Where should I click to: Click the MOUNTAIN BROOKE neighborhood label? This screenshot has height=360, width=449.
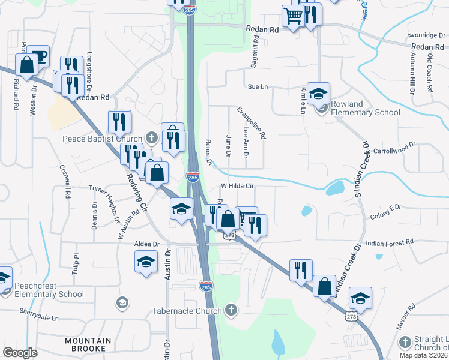click(x=88, y=345)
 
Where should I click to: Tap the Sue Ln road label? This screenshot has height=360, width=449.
click(x=257, y=87)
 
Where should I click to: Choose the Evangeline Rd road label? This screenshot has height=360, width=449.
click(x=251, y=124)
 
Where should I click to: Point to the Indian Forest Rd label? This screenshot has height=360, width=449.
click(x=390, y=242)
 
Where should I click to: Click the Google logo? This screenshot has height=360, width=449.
click(x=20, y=353)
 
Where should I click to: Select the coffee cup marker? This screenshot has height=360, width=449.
click(x=38, y=56)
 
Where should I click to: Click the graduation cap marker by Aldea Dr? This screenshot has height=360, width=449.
click(x=146, y=262)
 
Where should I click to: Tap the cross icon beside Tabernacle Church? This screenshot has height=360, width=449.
click(x=231, y=310)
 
